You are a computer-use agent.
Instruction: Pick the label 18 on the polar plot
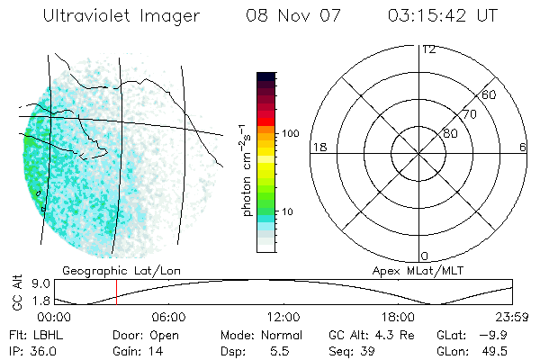pos(318,147)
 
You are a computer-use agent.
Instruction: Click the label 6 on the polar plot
pos(523,147)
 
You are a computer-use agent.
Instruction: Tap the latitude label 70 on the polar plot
pos(469,114)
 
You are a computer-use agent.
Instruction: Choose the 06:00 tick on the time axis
pos(168,317)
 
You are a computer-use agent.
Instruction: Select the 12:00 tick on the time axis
pos(283,317)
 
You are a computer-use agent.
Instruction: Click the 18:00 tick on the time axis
pos(398,317)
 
